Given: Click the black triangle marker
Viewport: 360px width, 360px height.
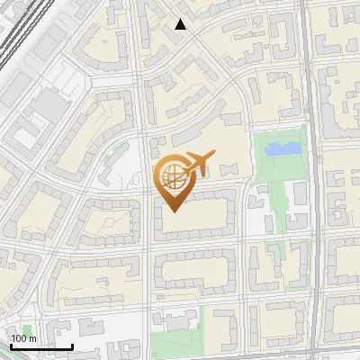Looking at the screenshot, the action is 181,24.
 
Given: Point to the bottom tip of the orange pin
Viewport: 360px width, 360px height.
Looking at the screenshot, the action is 172,211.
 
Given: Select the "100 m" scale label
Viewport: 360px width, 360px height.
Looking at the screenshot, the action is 24,338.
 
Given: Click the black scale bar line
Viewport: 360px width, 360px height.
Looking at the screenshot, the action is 41,346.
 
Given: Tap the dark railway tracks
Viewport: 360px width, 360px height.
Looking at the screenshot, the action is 20,45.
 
